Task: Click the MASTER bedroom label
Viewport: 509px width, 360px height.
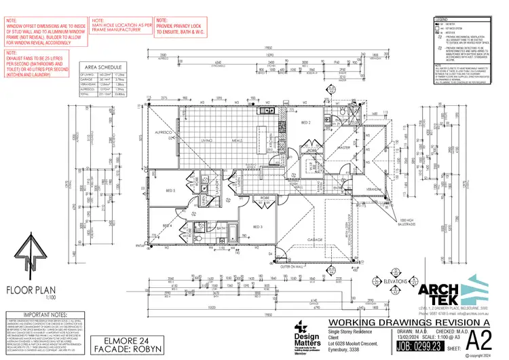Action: [x=344, y=147]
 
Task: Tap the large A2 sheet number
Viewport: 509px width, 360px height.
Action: [x=480, y=338]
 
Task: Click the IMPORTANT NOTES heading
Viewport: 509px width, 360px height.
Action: [x=39, y=316]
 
